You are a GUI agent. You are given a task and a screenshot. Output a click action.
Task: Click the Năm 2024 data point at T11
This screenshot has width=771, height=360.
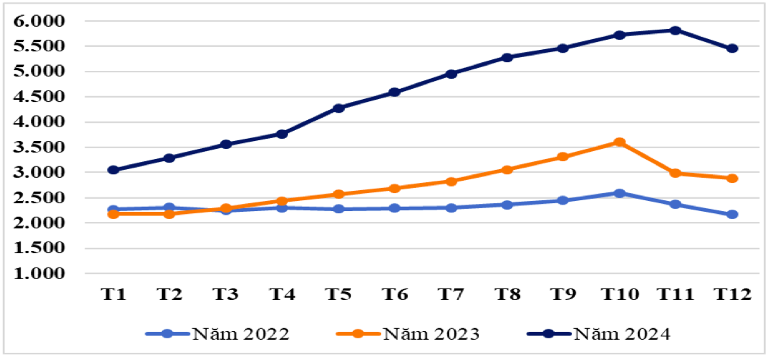[675, 30]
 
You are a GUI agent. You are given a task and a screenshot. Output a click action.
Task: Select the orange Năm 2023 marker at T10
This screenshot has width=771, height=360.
[619, 142]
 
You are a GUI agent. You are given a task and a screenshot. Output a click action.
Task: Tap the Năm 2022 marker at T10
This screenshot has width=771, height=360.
[619, 193]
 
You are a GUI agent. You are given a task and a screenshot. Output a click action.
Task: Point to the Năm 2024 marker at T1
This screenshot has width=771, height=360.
[114, 170]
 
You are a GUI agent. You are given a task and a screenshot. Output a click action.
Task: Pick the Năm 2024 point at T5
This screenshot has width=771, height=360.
[338, 108]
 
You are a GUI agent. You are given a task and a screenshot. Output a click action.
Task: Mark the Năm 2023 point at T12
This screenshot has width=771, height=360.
[731, 178]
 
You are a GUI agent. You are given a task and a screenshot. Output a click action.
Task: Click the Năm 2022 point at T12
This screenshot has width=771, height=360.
[731, 214]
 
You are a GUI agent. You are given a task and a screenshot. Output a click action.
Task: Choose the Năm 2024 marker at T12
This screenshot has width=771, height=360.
[731, 48]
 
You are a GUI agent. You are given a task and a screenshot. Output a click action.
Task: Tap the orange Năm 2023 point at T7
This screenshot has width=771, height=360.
[451, 181]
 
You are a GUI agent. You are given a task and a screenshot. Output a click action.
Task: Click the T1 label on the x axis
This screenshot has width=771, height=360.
[114, 294]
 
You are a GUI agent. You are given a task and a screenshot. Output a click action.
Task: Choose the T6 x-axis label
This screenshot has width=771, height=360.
[394, 294]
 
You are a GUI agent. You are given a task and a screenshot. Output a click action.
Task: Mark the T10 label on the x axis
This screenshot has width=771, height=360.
[619, 294]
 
